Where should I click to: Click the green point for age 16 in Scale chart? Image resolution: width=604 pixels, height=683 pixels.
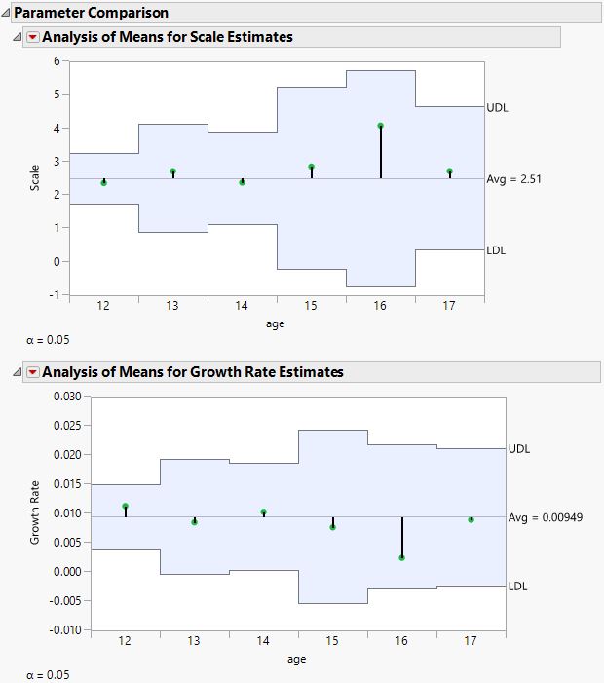(x=380, y=126)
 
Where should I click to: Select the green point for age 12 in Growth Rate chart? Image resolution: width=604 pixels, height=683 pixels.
(x=126, y=507)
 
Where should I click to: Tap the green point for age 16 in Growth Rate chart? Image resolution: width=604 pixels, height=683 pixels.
(x=401, y=557)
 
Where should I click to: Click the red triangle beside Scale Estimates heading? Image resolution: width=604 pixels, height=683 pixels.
(x=33, y=37)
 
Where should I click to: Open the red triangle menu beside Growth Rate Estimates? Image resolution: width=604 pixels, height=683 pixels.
(x=33, y=371)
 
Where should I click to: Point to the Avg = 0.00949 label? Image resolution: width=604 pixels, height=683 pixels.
(x=546, y=517)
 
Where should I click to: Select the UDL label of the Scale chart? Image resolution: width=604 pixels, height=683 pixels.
(x=497, y=108)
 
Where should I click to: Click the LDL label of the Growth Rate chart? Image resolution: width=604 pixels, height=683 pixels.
(x=519, y=587)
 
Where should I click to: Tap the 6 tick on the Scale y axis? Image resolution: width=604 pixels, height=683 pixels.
(x=57, y=60)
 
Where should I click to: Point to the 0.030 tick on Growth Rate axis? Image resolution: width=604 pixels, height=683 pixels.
(x=63, y=397)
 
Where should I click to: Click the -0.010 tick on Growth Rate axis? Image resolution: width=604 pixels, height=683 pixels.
(x=61, y=630)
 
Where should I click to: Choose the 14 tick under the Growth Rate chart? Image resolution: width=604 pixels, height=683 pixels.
(x=263, y=642)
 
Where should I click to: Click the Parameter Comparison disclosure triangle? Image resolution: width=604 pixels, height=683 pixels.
(x=6, y=14)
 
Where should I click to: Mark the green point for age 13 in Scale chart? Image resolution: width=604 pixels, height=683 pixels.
(x=173, y=171)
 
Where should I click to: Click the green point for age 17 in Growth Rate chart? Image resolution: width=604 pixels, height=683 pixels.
(x=471, y=519)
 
